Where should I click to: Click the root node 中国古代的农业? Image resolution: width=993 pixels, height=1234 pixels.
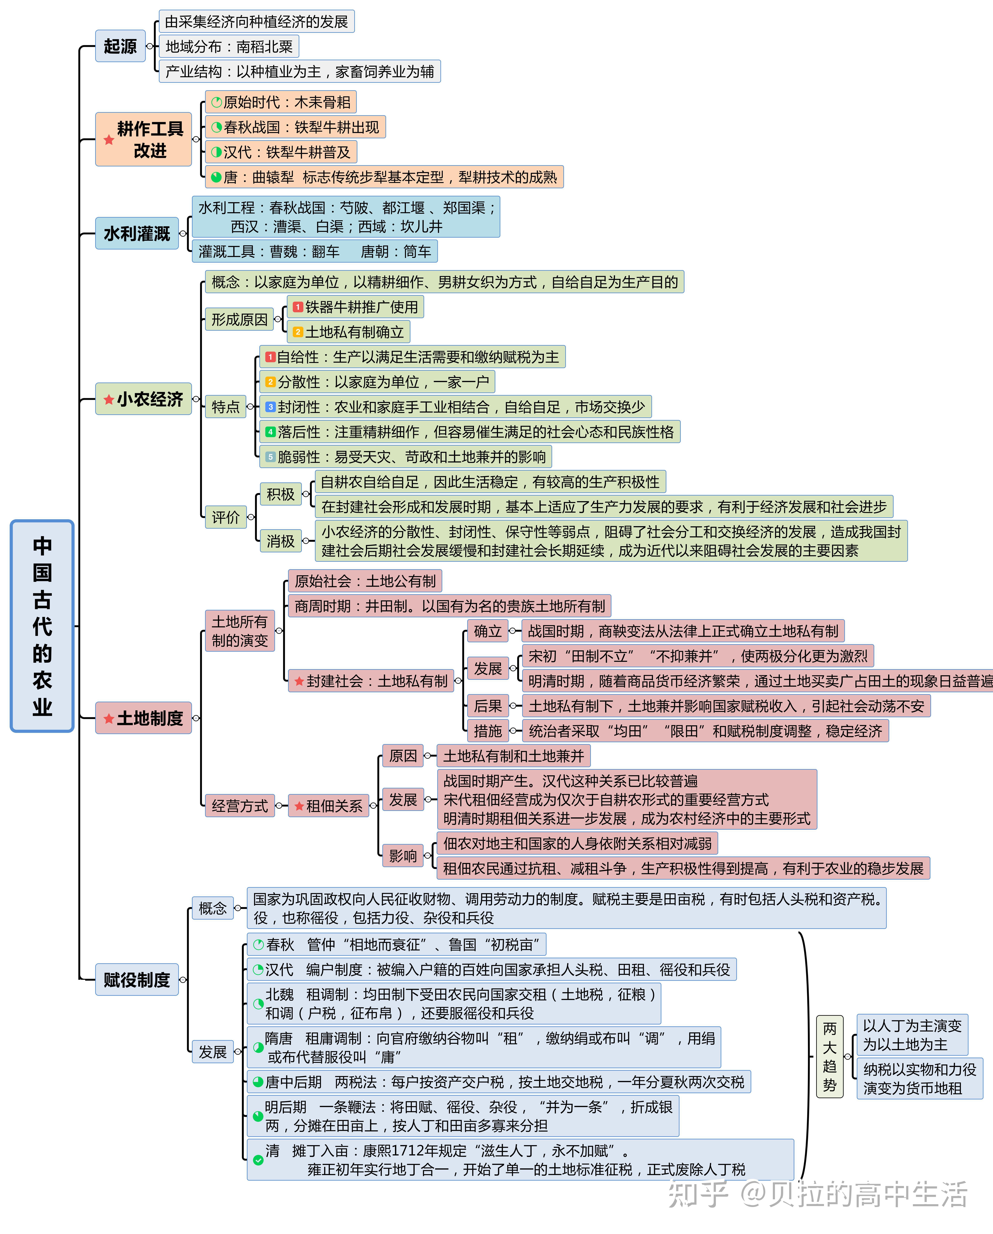pos(42,626)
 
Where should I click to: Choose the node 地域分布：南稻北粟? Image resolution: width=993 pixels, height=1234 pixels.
pos(229,46)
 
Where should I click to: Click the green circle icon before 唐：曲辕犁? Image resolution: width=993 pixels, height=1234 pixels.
pos(216,177)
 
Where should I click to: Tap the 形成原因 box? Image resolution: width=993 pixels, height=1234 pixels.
pos(239,319)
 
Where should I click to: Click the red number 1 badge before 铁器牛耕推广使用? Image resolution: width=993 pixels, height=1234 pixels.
pos(297,307)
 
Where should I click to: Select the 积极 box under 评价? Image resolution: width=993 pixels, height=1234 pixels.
pos(280,494)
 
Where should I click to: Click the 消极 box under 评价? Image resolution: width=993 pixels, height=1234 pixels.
pos(280,541)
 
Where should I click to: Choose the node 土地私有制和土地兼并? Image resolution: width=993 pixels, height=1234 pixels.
pos(513,756)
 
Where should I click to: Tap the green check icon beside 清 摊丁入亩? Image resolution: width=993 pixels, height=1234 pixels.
pos(258,1160)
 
